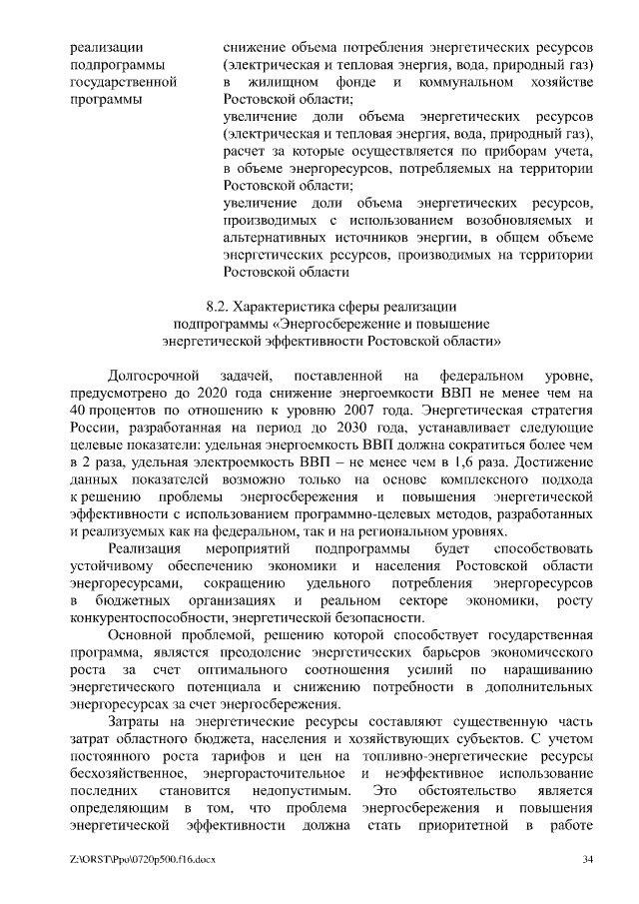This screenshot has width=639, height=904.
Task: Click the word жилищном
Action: (290, 83)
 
